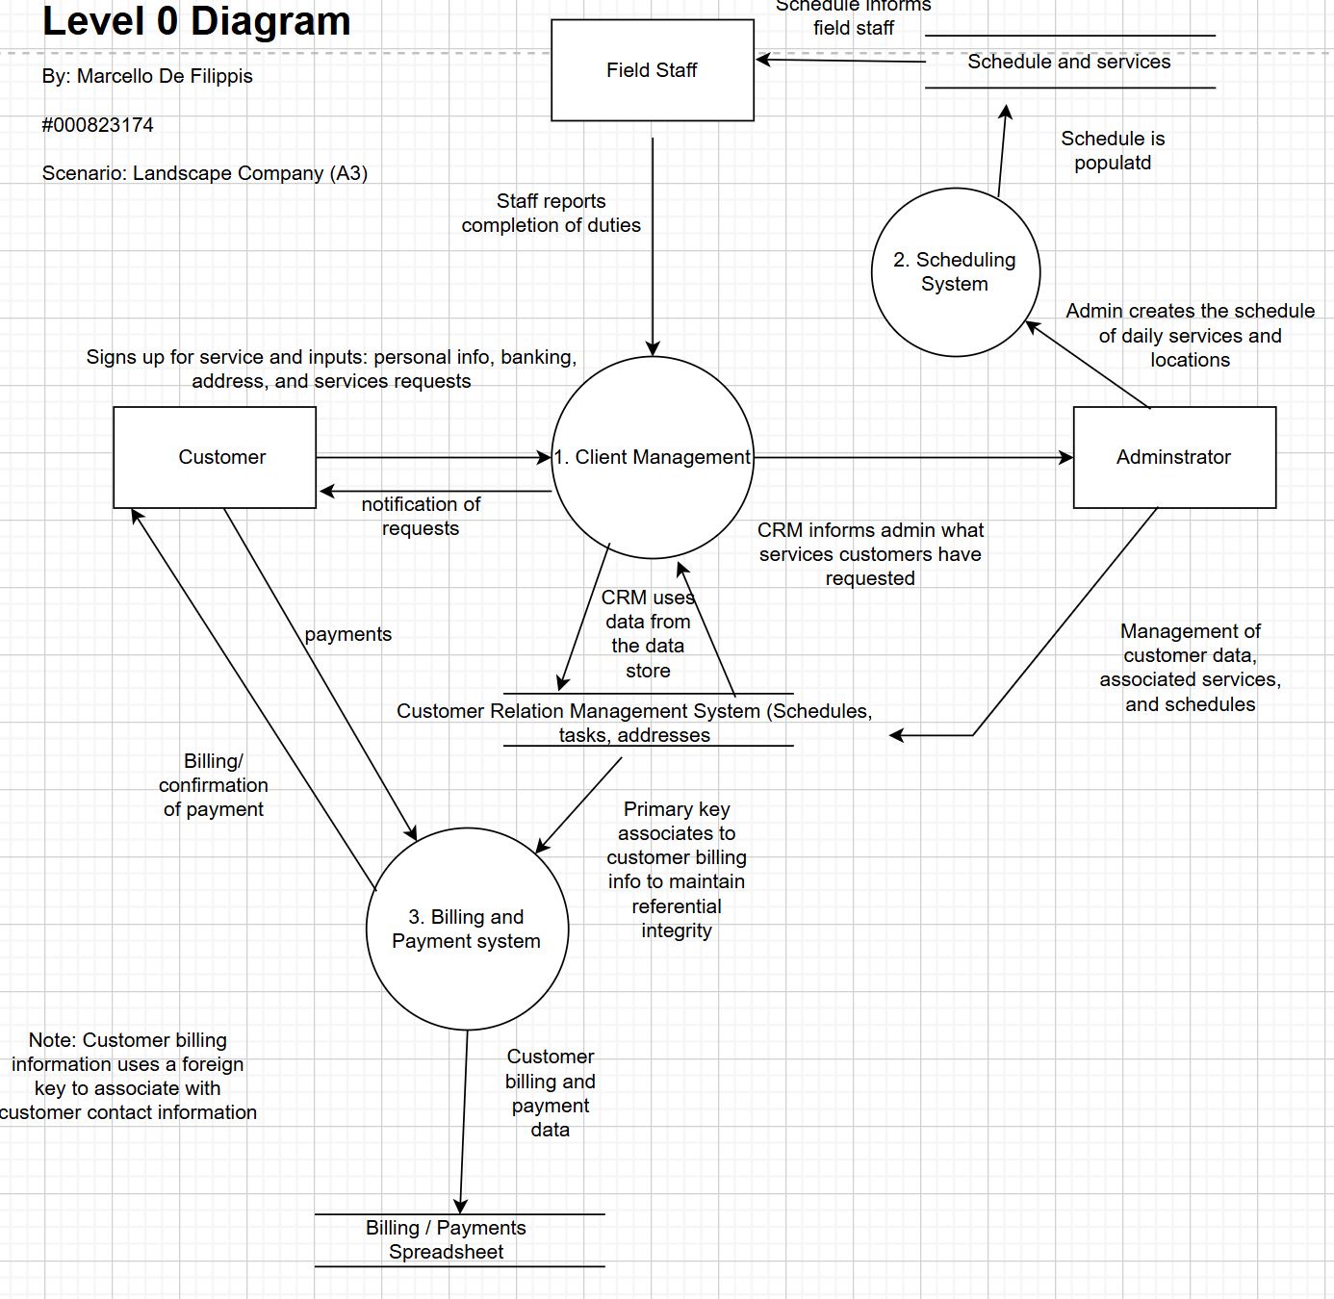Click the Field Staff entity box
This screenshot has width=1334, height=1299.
point(652,70)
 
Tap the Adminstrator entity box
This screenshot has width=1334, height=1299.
point(1173,457)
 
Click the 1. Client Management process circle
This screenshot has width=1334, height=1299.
point(653,457)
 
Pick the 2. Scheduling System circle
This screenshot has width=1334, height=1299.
point(955,272)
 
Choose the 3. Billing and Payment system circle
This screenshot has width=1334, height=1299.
point(467,930)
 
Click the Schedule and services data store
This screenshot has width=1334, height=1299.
point(1068,62)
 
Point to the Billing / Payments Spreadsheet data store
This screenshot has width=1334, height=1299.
point(447,1239)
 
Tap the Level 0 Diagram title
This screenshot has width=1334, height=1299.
point(196,21)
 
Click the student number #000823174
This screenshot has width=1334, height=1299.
point(97,125)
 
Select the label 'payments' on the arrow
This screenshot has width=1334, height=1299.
point(347,634)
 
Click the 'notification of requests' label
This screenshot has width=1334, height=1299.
point(421,517)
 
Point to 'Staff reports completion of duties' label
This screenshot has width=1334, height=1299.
point(551,214)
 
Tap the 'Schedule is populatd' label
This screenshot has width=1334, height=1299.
point(1113,150)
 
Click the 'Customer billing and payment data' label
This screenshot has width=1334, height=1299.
point(550,1093)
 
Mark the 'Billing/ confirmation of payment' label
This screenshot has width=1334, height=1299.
point(213,785)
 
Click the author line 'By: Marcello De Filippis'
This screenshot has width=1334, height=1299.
point(147,76)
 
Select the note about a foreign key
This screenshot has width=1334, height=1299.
point(128,1076)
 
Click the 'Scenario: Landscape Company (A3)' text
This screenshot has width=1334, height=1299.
point(204,173)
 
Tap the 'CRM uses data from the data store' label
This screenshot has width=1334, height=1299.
point(648,634)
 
